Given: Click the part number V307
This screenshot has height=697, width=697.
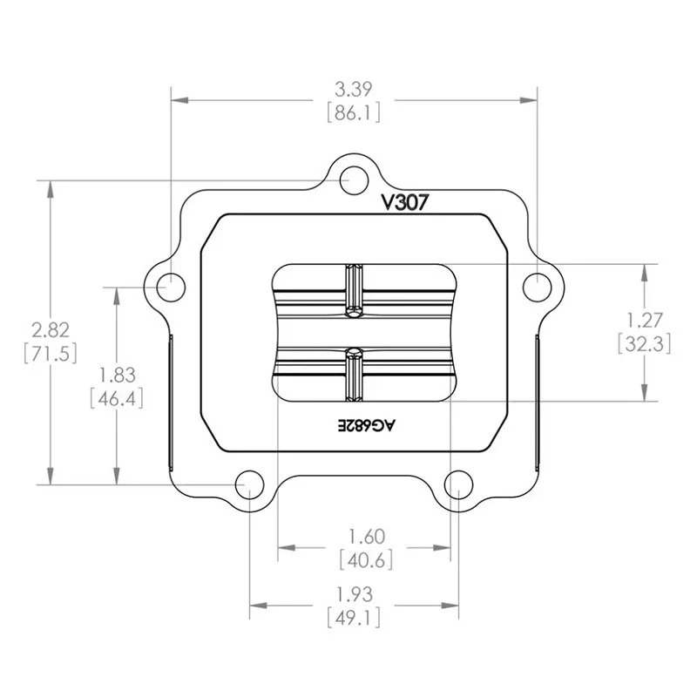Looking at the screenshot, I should point(403,202).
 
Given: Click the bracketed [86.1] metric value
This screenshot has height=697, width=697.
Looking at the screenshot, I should point(353,113).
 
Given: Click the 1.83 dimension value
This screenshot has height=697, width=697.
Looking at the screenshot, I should point(117,376).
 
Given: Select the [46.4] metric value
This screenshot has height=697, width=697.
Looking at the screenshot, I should point(117,398).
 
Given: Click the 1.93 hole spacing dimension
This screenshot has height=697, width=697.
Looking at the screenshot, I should point(354,594).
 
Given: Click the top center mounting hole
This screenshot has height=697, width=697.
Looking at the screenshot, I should point(351,181).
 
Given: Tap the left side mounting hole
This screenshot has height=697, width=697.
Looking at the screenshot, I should point(173,285).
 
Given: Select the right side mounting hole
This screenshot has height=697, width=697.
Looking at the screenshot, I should point(538,285).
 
